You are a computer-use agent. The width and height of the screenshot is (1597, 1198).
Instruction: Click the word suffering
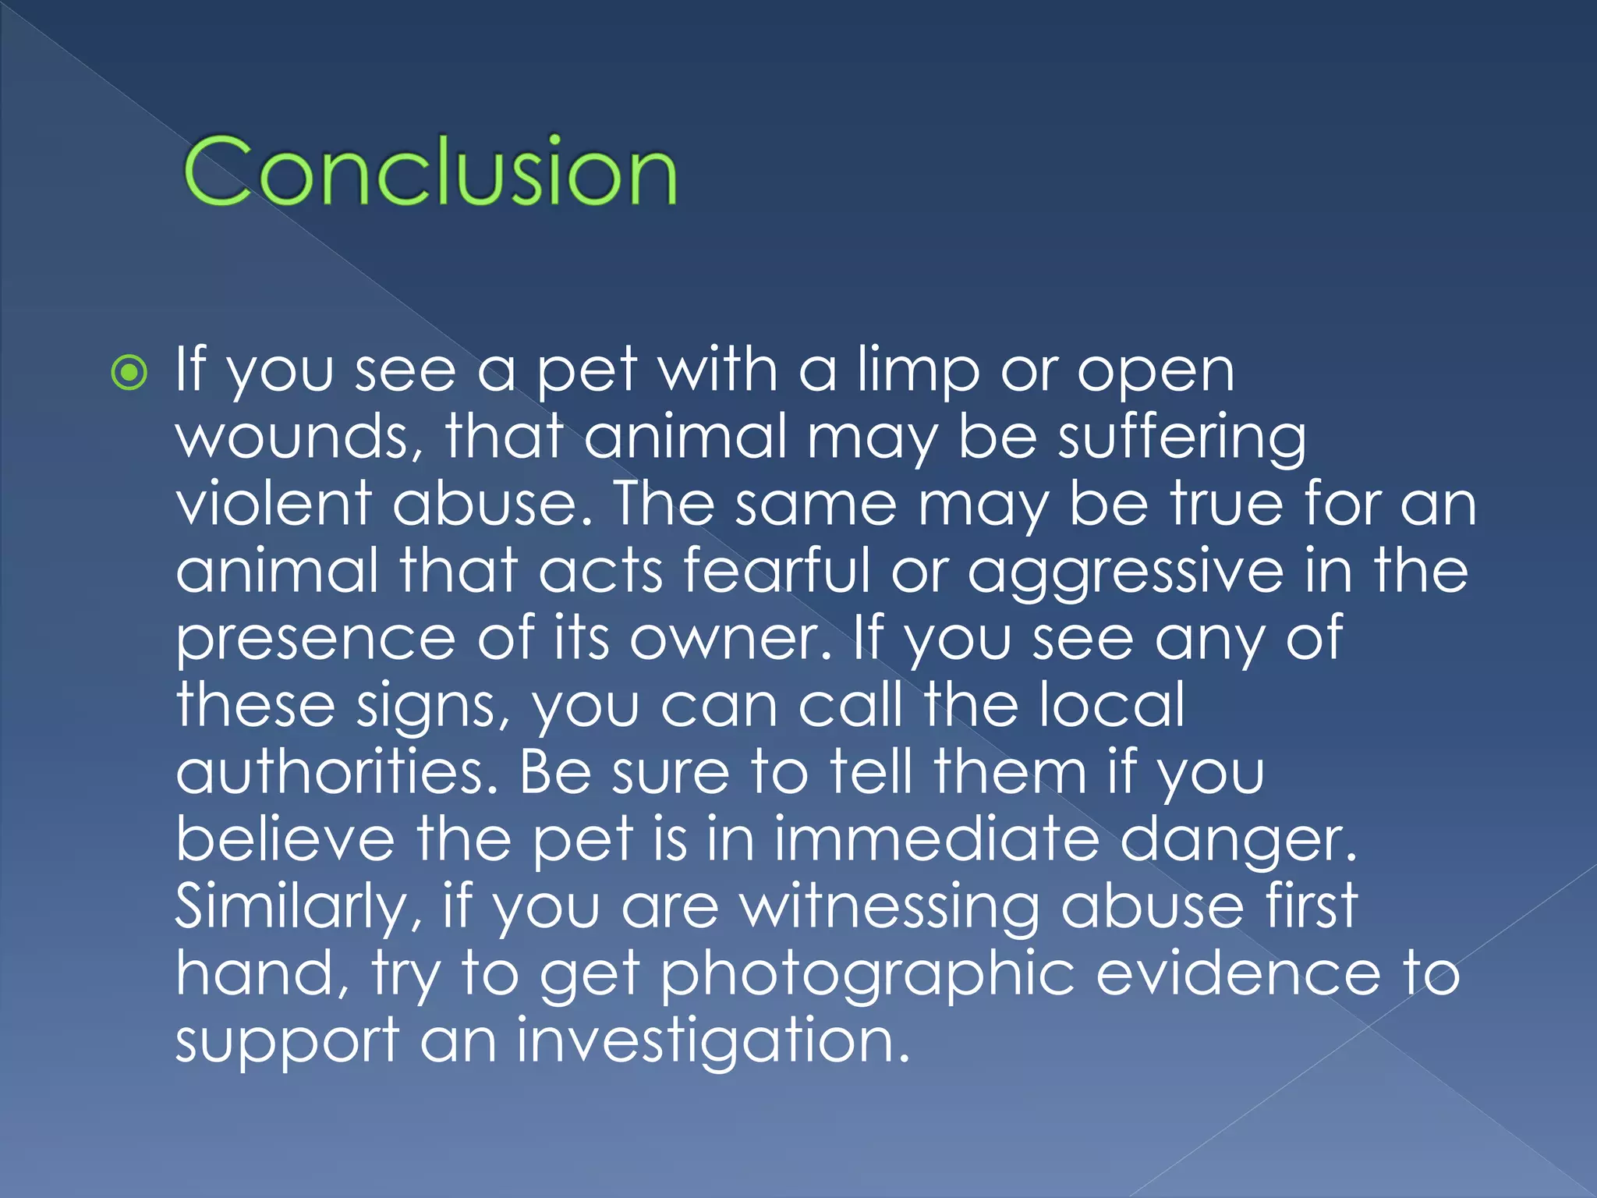point(1181,438)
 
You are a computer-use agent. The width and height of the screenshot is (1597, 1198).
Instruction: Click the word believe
point(285,839)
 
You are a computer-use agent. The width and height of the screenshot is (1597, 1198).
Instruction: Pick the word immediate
point(936,839)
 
